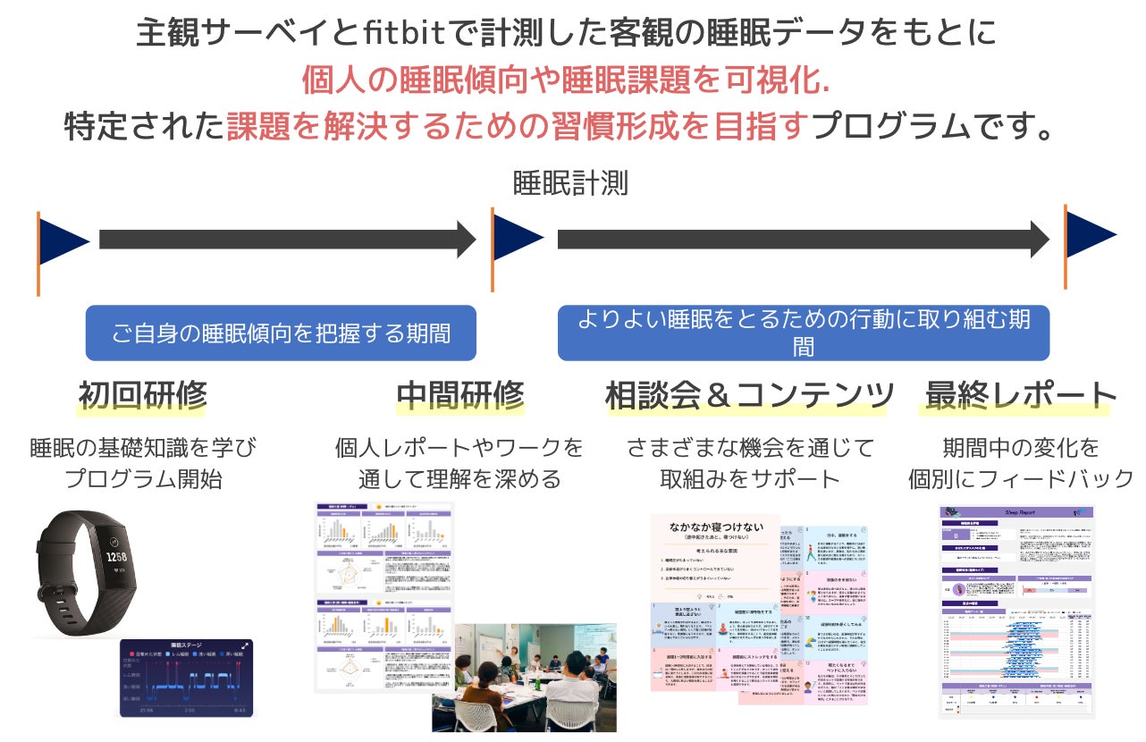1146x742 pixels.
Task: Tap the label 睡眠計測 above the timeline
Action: pos(570,183)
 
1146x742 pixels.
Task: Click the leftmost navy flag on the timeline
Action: pos(62,241)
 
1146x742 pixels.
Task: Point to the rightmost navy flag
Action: pos(1088,236)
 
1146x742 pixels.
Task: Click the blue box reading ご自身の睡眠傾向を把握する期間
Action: pos(281,334)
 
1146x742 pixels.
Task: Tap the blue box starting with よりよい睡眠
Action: pos(803,333)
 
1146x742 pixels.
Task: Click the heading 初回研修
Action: pos(142,394)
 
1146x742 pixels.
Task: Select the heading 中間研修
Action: pos(459,394)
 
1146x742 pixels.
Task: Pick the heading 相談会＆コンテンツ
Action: pos(749,394)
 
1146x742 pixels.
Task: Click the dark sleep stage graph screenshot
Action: pos(186,677)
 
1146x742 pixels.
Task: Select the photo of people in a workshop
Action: pos(524,677)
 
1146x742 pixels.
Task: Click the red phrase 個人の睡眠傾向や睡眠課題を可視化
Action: pos(566,80)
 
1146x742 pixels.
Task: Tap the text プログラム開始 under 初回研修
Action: pos(143,478)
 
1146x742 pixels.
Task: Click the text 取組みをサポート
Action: pos(749,478)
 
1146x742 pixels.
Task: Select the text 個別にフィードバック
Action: pos(1021,478)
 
